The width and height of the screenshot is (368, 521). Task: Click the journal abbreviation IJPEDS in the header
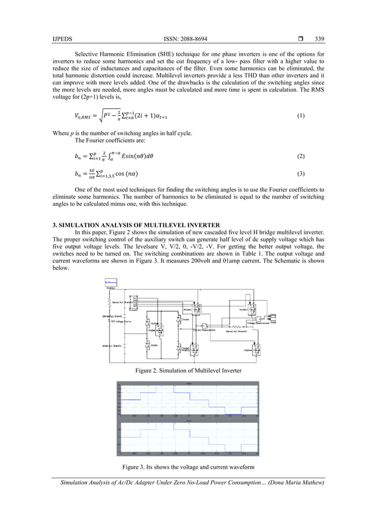pos(62,39)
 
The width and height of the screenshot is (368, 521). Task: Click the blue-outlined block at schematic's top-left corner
pos(111,283)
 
